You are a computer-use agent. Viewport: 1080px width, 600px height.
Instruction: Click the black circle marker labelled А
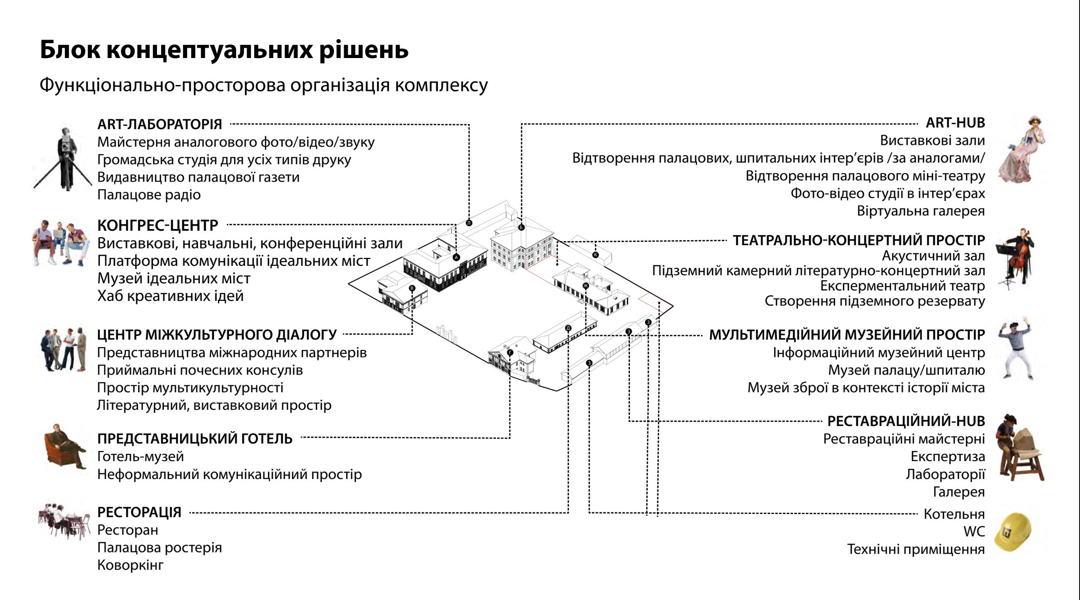tap(457, 257)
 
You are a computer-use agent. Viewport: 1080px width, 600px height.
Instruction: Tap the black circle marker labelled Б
tap(521, 227)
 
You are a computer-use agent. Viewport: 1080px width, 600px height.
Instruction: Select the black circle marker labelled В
tap(412, 288)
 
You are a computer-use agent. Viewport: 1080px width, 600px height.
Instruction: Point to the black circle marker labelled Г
tap(510, 353)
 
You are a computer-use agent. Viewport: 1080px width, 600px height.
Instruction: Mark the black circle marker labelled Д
tap(568, 328)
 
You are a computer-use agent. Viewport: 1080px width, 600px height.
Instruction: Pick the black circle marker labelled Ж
tap(585, 286)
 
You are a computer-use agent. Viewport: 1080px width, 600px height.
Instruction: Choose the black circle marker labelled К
tap(595, 255)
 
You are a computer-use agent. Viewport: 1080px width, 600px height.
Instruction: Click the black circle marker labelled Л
tap(469, 223)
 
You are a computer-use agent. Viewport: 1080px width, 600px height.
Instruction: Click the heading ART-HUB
tap(955, 123)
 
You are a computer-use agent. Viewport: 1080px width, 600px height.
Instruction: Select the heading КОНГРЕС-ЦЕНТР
tap(157, 225)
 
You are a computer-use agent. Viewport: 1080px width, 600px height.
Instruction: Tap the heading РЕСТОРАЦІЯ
tap(139, 512)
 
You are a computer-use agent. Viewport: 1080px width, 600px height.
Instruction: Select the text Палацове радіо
tap(149, 195)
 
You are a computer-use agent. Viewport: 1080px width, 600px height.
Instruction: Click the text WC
tap(974, 532)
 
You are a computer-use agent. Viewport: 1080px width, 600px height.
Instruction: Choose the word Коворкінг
tap(130, 565)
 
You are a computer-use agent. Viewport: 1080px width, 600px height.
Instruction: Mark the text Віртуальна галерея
tap(921, 211)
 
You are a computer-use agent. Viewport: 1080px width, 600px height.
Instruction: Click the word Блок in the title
tap(70, 49)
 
